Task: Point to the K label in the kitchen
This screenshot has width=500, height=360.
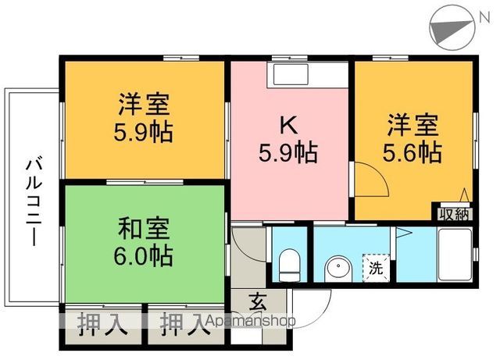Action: [x=287, y=123]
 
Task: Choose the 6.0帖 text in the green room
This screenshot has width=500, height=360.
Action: [x=145, y=255]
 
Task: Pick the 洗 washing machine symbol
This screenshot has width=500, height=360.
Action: [x=376, y=269]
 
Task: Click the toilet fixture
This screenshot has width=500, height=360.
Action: [x=288, y=262]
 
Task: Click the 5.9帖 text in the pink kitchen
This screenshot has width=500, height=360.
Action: [x=287, y=153]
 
